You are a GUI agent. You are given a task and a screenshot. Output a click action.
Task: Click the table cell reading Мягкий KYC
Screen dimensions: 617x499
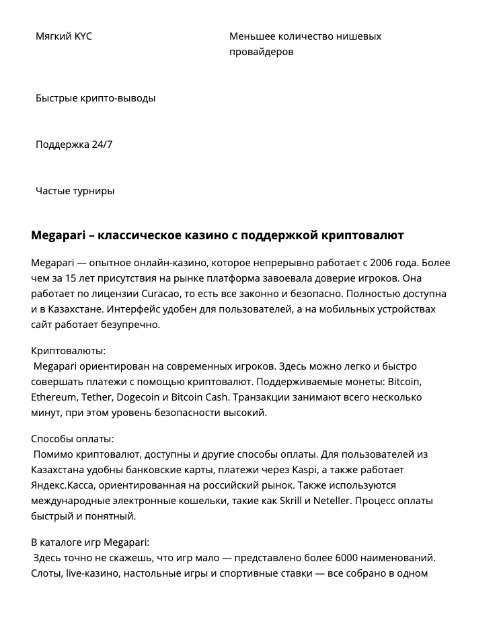pos(64,36)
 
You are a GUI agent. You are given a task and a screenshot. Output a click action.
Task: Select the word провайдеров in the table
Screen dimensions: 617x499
pos(261,52)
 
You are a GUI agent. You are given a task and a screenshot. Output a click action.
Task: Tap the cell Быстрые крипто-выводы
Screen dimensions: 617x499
pos(95,98)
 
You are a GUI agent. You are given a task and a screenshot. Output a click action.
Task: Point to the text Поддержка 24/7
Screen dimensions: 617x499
pos(74,145)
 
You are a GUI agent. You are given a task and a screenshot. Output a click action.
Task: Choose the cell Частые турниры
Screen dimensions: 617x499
pos(75,191)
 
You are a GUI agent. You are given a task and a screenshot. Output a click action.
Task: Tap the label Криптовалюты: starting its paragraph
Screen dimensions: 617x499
pos(69,351)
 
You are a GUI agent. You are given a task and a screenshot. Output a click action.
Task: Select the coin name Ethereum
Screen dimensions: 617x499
pos(54,397)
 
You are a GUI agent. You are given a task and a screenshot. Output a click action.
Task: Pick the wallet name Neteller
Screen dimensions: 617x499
pos(324,501)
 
